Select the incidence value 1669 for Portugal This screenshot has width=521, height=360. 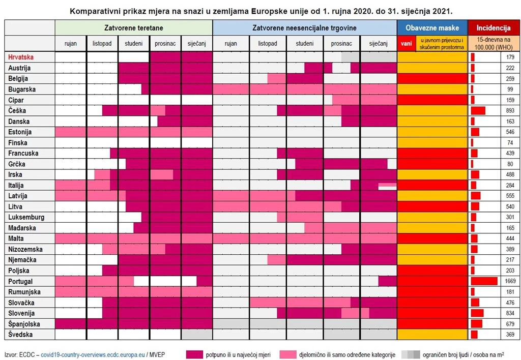[x=510, y=281]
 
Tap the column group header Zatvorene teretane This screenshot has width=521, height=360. [x=133, y=27]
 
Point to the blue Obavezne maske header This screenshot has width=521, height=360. [x=432, y=27]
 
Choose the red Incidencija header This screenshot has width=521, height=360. [x=493, y=27]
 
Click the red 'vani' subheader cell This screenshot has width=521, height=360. [x=406, y=44]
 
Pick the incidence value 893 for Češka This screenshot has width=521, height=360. [x=510, y=110]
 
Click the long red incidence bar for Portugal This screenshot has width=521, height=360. [x=484, y=281]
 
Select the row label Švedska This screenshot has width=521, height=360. [x=20, y=335]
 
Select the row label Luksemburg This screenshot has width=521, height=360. [x=26, y=217]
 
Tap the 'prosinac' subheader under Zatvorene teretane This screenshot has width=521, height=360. [x=165, y=44]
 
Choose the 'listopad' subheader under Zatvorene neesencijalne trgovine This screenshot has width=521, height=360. [x=267, y=44]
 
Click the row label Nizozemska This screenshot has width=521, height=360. [x=25, y=249]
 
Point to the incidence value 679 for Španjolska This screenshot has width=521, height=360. [x=510, y=324]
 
